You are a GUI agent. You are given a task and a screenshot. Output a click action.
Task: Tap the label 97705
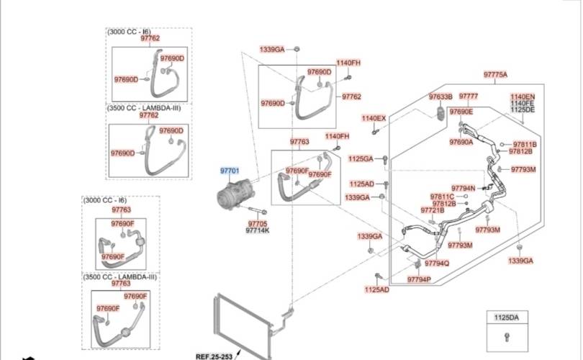(257, 223)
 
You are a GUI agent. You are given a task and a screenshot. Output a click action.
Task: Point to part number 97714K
(257, 230)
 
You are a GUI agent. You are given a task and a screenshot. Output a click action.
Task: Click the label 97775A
(495, 75)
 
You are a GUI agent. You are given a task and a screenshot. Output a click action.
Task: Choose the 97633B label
(440, 96)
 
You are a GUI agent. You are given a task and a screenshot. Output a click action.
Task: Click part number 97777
(469, 96)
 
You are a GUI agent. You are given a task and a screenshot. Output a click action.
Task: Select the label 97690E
(461, 112)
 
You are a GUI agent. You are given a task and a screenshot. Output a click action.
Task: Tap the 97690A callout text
(461, 143)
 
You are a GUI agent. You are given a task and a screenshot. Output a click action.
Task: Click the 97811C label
(443, 197)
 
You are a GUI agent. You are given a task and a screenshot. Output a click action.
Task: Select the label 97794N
(464, 188)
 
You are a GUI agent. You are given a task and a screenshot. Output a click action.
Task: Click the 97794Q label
(437, 263)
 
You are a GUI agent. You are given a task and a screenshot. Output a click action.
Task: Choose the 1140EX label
(374, 118)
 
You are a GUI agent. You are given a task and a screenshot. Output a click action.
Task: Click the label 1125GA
(361, 158)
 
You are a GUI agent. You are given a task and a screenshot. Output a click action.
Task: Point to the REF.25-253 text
(214, 356)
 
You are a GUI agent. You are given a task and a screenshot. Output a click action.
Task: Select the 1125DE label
(523, 109)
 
